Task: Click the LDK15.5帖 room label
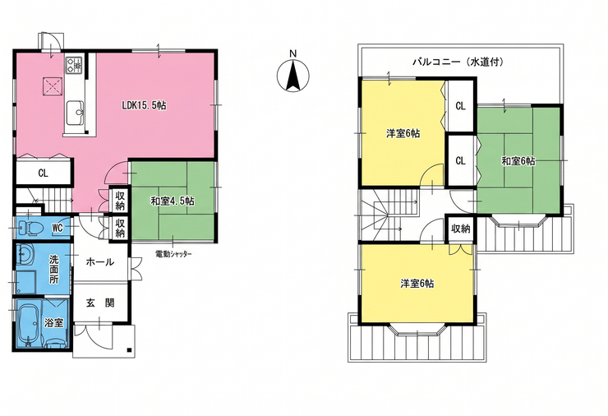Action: click(x=144, y=105)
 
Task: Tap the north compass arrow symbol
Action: click(x=293, y=76)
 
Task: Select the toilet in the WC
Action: click(x=29, y=229)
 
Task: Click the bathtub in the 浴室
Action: click(x=28, y=325)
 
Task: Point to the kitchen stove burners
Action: click(x=74, y=65)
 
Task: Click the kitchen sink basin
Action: click(x=76, y=113)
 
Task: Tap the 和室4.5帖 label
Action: click(x=173, y=201)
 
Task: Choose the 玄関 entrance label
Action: click(x=100, y=303)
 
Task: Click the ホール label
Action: click(x=100, y=262)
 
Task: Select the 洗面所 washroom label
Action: click(x=54, y=269)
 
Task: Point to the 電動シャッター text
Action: click(x=173, y=254)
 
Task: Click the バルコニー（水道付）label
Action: click(x=458, y=62)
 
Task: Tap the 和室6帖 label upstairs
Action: click(x=518, y=161)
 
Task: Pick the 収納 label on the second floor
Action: click(x=461, y=229)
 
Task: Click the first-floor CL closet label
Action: click(x=43, y=173)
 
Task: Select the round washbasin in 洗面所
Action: click(x=26, y=256)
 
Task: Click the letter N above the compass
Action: click(x=293, y=53)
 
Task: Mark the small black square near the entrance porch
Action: click(x=129, y=350)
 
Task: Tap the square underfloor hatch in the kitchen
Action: click(x=52, y=86)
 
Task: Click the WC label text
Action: click(x=58, y=229)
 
